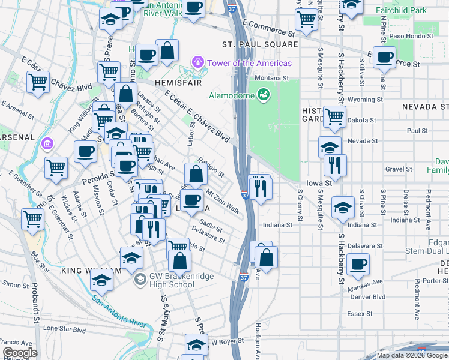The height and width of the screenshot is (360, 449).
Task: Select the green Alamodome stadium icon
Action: [x=263, y=94]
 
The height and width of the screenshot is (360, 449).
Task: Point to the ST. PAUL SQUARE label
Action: [x=260, y=44]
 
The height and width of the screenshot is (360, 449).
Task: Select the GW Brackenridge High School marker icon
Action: [x=140, y=279]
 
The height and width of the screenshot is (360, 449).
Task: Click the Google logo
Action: [x=20, y=353]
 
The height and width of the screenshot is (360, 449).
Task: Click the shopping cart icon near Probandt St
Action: [x=32, y=219]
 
